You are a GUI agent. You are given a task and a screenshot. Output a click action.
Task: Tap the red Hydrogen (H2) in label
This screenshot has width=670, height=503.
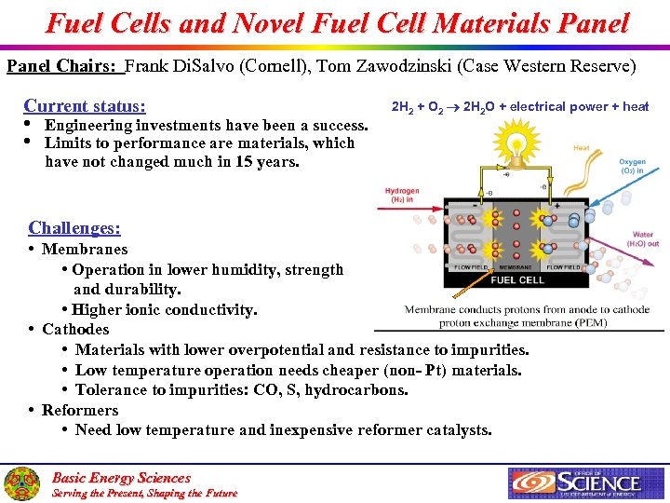402,194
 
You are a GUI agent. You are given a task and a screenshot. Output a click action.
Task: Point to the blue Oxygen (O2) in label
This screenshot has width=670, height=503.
632,166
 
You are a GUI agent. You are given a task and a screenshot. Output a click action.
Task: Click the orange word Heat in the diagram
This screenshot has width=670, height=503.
581,148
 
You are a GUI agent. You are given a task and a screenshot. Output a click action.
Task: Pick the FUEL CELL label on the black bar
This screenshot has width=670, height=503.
517,279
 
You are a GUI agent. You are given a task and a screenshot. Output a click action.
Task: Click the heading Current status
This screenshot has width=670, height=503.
91,106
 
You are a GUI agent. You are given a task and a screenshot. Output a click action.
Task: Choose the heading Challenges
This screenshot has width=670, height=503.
74,228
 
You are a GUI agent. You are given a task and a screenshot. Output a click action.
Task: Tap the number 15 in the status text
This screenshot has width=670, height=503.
241,161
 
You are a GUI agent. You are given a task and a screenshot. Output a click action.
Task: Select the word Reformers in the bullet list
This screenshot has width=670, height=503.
80,410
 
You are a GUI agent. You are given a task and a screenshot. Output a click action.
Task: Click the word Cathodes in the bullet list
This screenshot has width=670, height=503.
75,329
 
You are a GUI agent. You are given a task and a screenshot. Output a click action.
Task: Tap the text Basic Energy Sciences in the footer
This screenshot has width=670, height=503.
121,477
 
